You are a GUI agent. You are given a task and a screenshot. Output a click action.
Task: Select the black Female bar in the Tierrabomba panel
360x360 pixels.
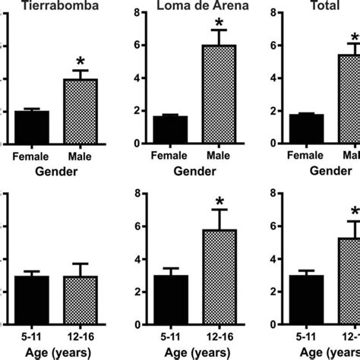32,127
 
